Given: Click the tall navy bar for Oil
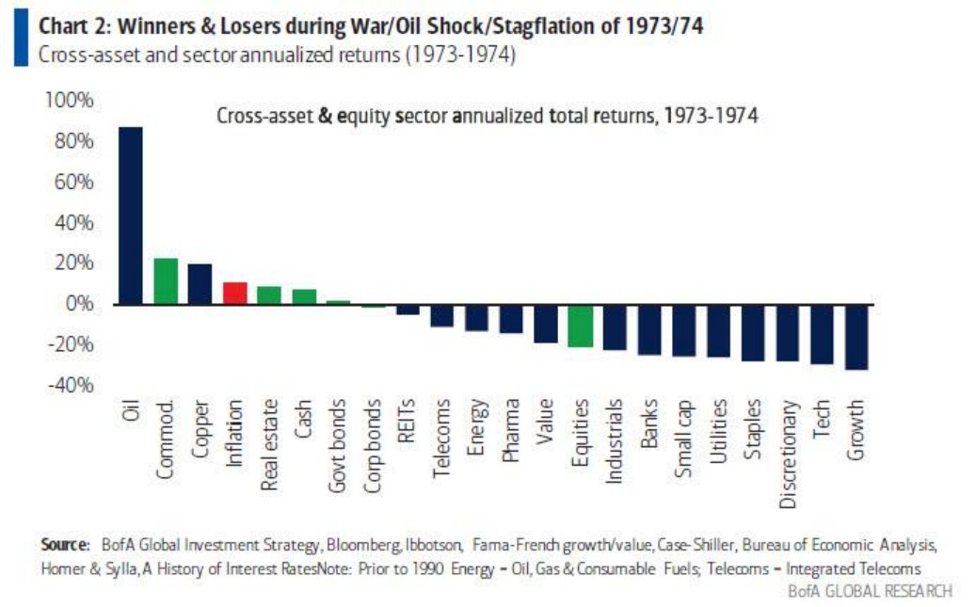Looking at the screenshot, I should (x=130, y=216).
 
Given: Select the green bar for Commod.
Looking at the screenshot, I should (x=166, y=280).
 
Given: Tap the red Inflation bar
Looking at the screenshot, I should (x=235, y=293).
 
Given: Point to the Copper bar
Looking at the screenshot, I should (x=200, y=283).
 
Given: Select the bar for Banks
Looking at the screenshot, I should (x=649, y=328).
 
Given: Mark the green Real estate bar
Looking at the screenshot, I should (x=269, y=295).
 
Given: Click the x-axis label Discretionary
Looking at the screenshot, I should (x=788, y=455).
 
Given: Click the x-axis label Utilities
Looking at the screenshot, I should (x=719, y=434).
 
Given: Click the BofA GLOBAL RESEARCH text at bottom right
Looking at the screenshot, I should (x=871, y=590).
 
